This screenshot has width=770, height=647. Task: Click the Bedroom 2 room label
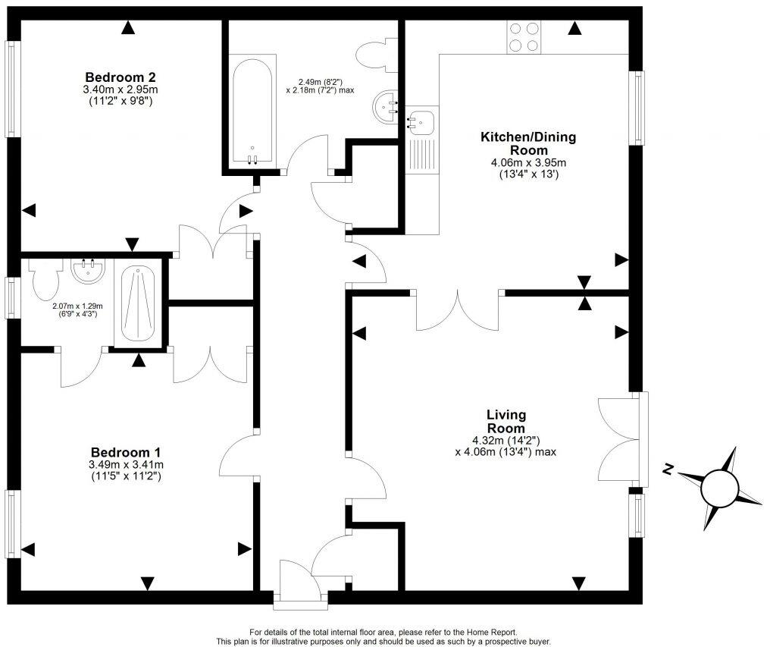click(x=121, y=77)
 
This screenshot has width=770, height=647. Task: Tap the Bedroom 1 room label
click(x=127, y=452)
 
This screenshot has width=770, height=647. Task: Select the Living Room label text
click(x=506, y=421)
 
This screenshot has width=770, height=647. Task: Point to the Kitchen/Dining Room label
click(x=528, y=143)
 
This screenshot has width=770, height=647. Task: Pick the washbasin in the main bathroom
click(x=386, y=108)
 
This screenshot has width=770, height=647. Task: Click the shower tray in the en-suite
click(x=138, y=303)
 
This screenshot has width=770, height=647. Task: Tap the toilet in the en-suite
click(x=45, y=279)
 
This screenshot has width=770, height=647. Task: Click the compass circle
click(x=719, y=488)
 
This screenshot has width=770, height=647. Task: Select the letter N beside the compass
click(x=668, y=470)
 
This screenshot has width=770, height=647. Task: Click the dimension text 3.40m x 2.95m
click(x=121, y=90)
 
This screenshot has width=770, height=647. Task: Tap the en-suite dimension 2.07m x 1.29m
click(x=77, y=306)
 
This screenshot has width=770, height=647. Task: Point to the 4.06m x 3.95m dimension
click(x=528, y=163)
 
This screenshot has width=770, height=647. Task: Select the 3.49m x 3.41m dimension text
click(x=127, y=465)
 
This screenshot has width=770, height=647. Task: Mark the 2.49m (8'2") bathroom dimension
click(x=320, y=82)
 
